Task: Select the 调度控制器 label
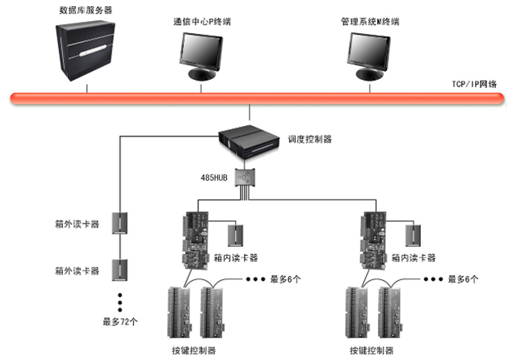(x=310, y=140)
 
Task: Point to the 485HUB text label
(x=213, y=174)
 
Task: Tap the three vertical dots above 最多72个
(x=120, y=299)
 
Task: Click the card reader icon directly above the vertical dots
(x=120, y=268)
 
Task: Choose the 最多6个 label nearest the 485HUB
(x=284, y=278)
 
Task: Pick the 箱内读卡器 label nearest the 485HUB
(x=237, y=258)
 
